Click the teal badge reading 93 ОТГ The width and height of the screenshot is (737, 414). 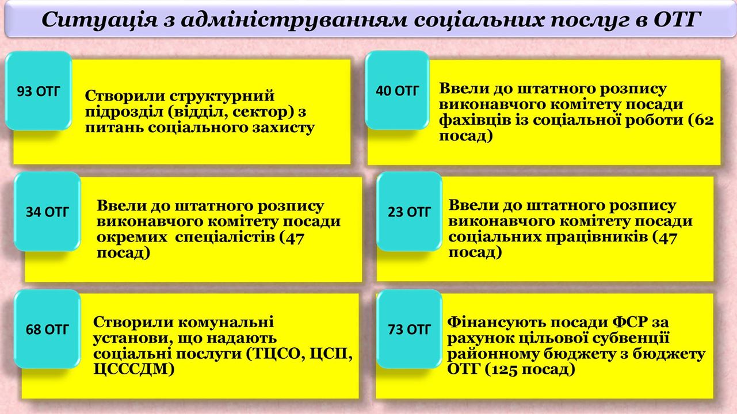[x=39, y=91]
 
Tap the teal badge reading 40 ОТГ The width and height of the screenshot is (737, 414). [x=397, y=90]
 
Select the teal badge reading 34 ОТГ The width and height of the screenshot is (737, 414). [x=47, y=212]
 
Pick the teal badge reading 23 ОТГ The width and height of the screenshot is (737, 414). [x=409, y=212]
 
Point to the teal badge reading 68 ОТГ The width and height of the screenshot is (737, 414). [x=47, y=329]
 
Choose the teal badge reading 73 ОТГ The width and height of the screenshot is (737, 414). [x=409, y=329]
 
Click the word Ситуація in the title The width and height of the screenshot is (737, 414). [x=100, y=20]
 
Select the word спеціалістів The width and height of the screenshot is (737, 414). [x=225, y=237]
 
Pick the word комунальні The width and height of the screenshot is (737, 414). [x=226, y=322]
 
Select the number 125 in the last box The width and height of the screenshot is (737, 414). [x=502, y=370]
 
